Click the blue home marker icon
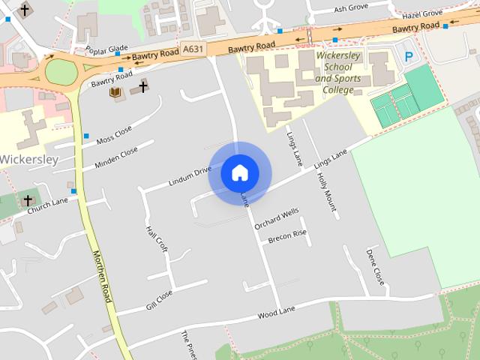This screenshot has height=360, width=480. point(240,172)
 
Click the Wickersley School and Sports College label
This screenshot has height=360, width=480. point(334,73)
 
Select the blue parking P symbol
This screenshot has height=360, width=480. point(409,56)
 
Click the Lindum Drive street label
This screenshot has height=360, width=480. point(190,176)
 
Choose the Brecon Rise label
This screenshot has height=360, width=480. point(289,236)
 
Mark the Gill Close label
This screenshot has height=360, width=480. point(160,300)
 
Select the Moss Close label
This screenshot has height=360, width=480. point(114,136)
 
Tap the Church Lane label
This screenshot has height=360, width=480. point(48,205)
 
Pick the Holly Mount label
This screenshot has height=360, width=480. point(326,190)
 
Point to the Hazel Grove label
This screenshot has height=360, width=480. point(422,14)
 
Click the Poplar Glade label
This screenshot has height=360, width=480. point(107,49)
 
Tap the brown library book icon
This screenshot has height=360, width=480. point(115,93)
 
